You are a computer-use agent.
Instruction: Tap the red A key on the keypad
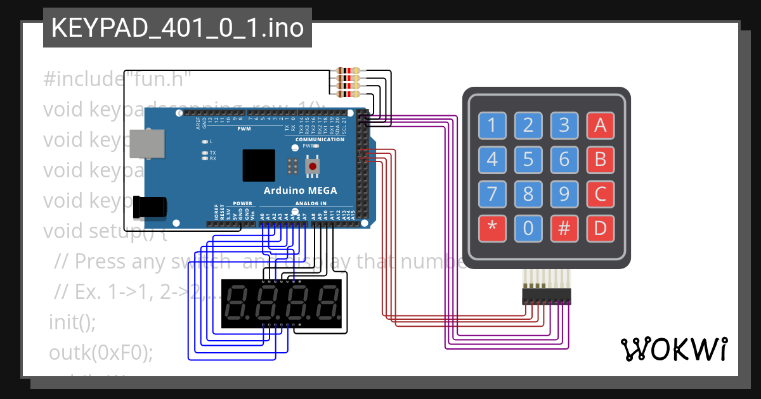[x=600, y=125]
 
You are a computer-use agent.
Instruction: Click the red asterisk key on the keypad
[x=492, y=229]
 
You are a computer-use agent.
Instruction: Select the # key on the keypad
[x=564, y=229]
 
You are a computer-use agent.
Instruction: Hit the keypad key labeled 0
[x=528, y=229]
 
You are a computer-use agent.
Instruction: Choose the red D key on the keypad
[x=600, y=229]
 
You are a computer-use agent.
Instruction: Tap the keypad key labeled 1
[x=492, y=125]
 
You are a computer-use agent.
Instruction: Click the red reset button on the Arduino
[x=312, y=166]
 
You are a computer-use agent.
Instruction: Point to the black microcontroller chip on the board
[x=259, y=165]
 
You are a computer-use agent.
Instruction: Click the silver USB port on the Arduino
[x=146, y=144]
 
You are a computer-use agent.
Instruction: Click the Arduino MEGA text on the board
[x=300, y=191]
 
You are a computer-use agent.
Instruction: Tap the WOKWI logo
[x=674, y=349]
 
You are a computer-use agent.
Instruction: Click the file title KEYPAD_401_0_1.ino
[x=177, y=28]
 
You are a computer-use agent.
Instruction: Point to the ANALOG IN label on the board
[x=310, y=204]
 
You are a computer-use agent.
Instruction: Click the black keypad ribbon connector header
[x=546, y=296]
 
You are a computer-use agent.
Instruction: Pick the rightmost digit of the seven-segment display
[x=328, y=303]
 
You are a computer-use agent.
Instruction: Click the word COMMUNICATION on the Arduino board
[x=320, y=139]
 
